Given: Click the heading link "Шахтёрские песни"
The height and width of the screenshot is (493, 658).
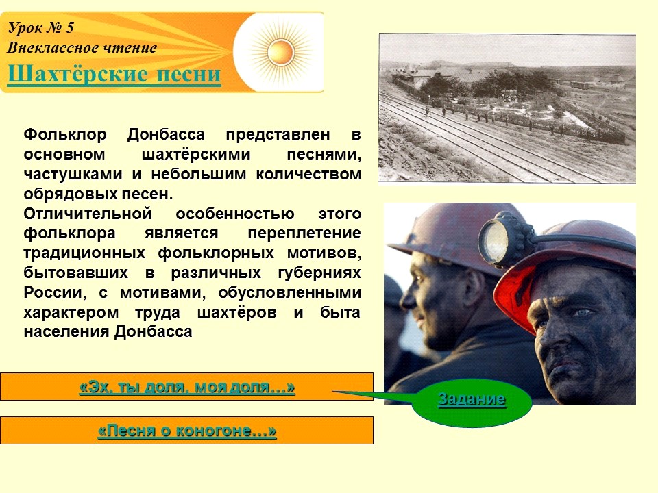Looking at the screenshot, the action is click(114, 74).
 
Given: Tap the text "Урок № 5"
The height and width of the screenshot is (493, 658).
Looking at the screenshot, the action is click(41, 28).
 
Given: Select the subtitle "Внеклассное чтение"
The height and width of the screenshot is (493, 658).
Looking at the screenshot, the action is click(82, 48).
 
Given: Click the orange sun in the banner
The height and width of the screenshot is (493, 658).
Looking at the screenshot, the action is click(281, 51).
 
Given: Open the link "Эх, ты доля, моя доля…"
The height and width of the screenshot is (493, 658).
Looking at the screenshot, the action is click(187, 386).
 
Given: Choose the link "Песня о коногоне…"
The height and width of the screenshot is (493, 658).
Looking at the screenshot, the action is click(187, 431).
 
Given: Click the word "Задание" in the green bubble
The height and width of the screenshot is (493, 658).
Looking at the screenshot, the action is click(472, 399).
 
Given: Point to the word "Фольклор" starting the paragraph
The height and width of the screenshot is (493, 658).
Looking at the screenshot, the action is click(65, 135).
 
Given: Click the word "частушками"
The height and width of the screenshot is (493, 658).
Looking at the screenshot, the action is click(73, 175).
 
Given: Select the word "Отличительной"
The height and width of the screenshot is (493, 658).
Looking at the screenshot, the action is click(88, 214).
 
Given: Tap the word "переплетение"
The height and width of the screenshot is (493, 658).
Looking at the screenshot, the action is click(304, 233).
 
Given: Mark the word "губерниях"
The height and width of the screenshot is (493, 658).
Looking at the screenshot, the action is click(319, 273).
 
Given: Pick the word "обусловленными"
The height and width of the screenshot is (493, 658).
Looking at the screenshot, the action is click(289, 293).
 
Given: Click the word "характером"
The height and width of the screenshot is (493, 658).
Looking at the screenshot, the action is click(71, 313).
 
